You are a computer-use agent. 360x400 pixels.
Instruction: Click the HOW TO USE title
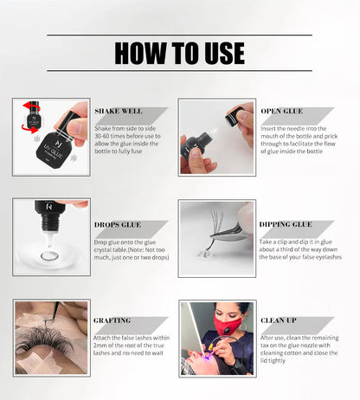click(x=179, y=52)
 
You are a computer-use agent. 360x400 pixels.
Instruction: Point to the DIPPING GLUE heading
click(x=286, y=224)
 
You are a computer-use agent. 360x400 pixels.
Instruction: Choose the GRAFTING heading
click(x=112, y=320)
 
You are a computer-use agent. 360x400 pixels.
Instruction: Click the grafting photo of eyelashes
click(x=51, y=338)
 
